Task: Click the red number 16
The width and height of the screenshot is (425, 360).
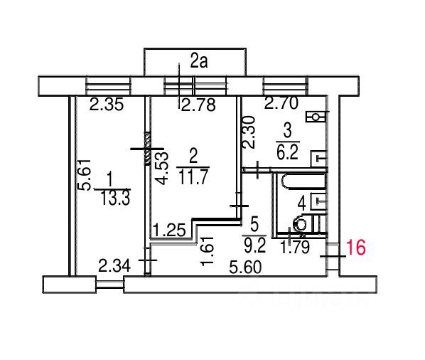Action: pos(357,248)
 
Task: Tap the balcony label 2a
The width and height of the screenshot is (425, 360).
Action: pos(199,62)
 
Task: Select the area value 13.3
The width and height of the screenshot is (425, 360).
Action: pos(115,198)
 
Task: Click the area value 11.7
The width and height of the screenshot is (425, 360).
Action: pos(193,176)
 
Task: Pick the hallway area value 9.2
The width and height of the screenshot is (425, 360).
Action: pos(254,245)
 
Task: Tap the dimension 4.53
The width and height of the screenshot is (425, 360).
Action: pos(162,168)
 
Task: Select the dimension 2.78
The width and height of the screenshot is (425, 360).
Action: pos(198,105)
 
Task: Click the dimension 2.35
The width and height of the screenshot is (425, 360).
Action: pos(107,105)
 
